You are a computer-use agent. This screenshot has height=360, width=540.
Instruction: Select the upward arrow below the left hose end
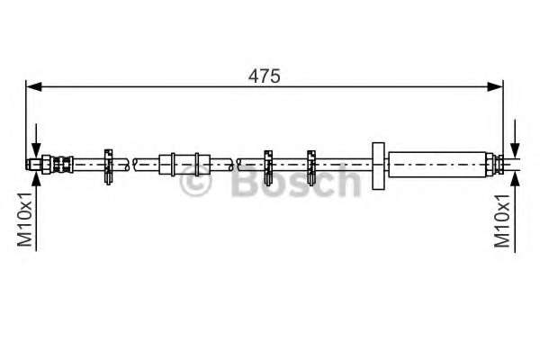[x=35, y=180]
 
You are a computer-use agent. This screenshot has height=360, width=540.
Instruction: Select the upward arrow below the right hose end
[x=514, y=180]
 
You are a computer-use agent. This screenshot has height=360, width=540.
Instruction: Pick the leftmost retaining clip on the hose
[x=109, y=164]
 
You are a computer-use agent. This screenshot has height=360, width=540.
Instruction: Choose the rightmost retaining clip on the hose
[x=311, y=164]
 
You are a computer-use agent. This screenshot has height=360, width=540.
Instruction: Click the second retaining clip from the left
[x=267, y=164]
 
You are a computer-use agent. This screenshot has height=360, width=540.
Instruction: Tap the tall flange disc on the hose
[x=377, y=164]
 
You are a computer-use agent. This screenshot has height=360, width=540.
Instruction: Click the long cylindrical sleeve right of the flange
[x=437, y=164]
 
